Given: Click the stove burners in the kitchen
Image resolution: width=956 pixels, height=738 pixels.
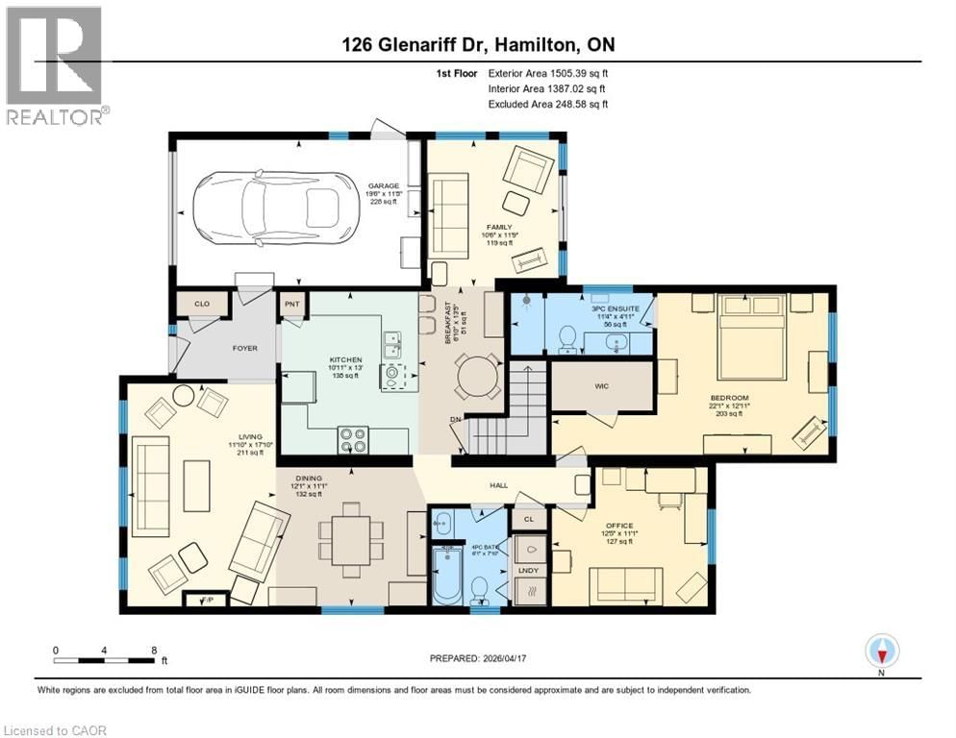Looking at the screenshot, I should click(353, 440).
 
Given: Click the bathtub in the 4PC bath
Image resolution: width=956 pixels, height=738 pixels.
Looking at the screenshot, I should click(447, 575).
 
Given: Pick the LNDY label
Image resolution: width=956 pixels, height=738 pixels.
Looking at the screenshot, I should click(530, 571).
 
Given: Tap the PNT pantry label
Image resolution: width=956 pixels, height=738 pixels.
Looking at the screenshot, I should click(292, 304).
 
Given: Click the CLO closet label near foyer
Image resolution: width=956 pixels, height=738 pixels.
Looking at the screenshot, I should click(202, 304).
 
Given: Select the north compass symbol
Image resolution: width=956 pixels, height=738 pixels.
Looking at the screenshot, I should click(882, 652).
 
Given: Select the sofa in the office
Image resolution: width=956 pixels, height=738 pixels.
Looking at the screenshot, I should click(624, 582).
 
